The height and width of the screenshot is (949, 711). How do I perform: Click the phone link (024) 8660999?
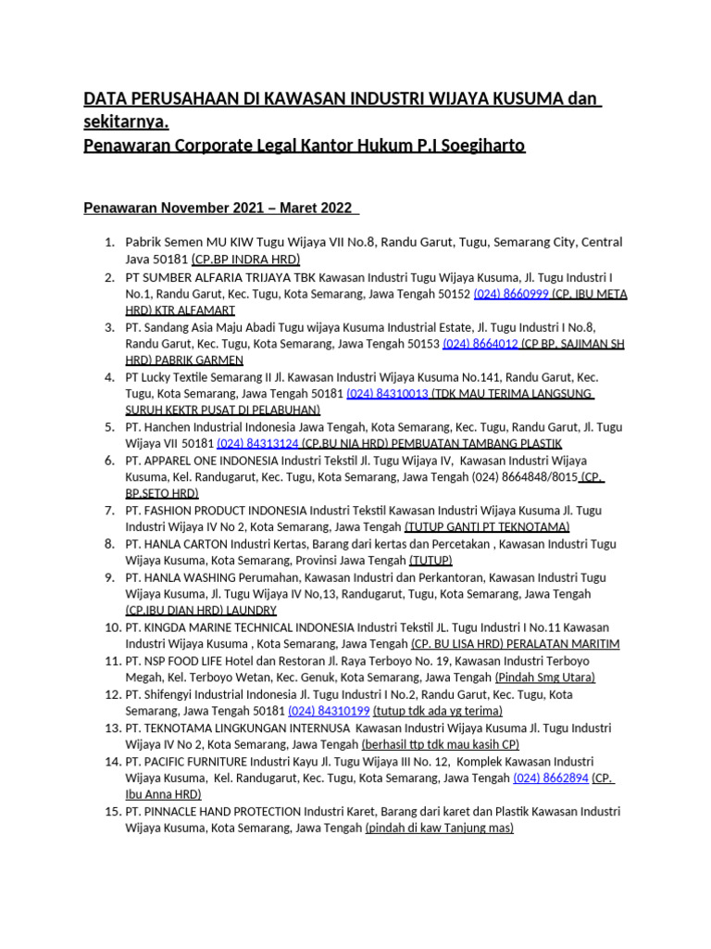pyautogui.click(x=511, y=294)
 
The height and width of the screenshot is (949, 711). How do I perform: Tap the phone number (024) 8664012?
pyautogui.click(x=480, y=344)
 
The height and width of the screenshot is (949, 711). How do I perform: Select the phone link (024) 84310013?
pyautogui.click(x=387, y=394)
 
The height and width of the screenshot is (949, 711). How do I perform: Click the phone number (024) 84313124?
pyautogui.click(x=257, y=444)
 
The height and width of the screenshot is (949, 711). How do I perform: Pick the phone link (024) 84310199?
pyautogui.click(x=329, y=711)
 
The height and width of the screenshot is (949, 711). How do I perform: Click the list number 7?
pyautogui.click(x=109, y=511)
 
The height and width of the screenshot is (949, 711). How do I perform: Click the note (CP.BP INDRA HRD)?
pyautogui.click(x=245, y=260)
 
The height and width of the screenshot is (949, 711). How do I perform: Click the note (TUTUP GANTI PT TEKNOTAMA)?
pyautogui.click(x=487, y=527)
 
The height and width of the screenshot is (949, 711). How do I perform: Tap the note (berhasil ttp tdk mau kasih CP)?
pyautogui.click(x=440, y=744)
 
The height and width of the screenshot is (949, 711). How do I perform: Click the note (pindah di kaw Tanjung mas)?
pyautogui.click(x=439, y=828)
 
